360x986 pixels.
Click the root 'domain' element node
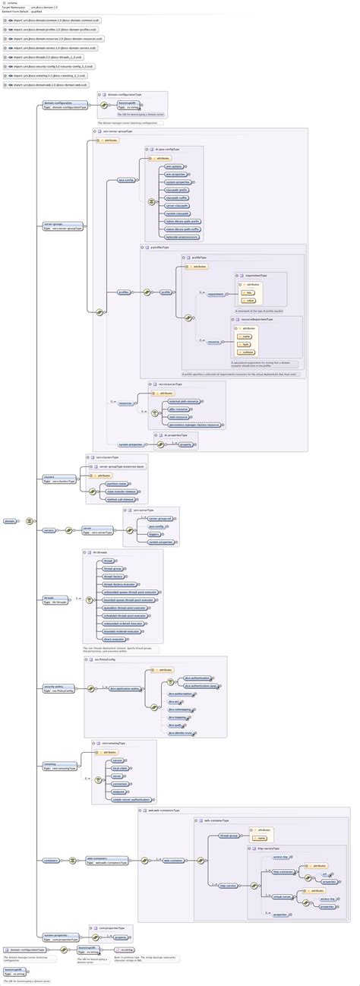tap(10, 521)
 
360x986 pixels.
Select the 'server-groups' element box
tap(58, 226)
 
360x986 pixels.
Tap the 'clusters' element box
tap(59, 479)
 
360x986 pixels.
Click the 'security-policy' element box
tap(59, 688)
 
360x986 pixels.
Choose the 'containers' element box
tap(52, 860)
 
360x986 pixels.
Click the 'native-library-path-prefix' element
tap(182, 221)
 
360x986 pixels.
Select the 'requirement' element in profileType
tap(216, 294)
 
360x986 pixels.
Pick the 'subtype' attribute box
tap(248, 352)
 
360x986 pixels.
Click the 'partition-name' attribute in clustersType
tap(104, 483)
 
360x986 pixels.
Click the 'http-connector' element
tap(283, 871)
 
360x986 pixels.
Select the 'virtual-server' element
tap(283, 896)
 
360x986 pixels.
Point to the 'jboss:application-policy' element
tap(125, 688)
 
